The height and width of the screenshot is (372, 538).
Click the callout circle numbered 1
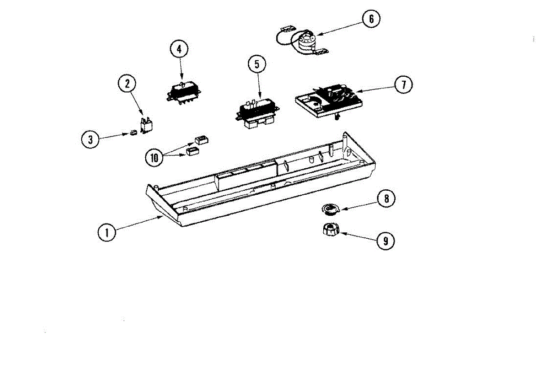pos(106,233)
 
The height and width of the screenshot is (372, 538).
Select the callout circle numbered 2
pos(127,83)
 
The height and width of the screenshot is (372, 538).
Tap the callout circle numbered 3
pos(91,139)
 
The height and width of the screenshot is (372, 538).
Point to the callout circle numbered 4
pos(179,49)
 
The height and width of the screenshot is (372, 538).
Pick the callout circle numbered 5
pos(257,64)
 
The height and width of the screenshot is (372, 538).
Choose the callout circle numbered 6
pos(371,19)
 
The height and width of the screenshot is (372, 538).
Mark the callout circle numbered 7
pos(403,85)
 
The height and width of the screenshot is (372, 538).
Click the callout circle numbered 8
pos(386,198)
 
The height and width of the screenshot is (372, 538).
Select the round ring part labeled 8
pos(331,208)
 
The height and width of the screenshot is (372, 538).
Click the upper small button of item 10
pos(200,140)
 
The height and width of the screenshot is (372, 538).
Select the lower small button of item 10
pos(192,151)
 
